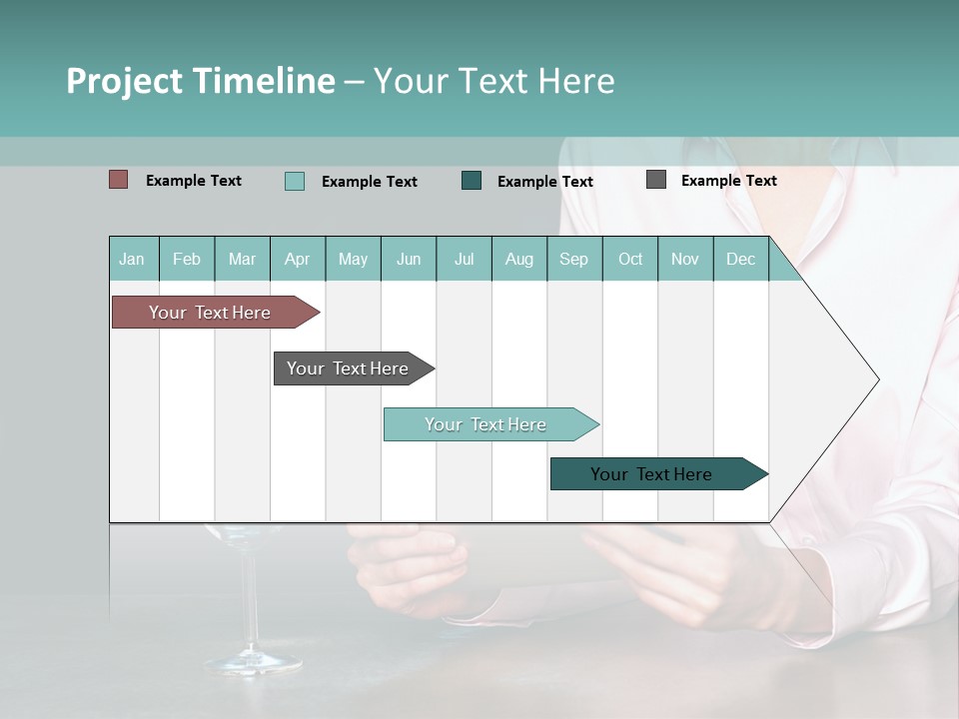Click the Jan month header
pyautogui.click(x=133, y=259)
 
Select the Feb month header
pyautogui.click(x=187, y=259)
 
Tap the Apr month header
pyautogui.click(x=298, y=259)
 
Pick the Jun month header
pyautogui.click(x=409, y=259)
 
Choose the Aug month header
pyautogui.click(x=519, y=259)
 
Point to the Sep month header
pyautogui.click(x=574, y=259)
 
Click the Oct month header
pyautogui.click(x=630, y=259)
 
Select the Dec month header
pyautogui.click(x=741, y=259)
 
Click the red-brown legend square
pyautogui.click(x=119, y=180)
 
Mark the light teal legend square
pyautogui.click(x=295, y=181)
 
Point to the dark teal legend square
pyautogui.click(x=472, y=181)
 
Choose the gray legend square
pyautogui.click(x=656, y=180)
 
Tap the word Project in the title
pyautogui.click(x=126, y=81)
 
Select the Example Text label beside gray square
pyautogui.click(x=729, y=180)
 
